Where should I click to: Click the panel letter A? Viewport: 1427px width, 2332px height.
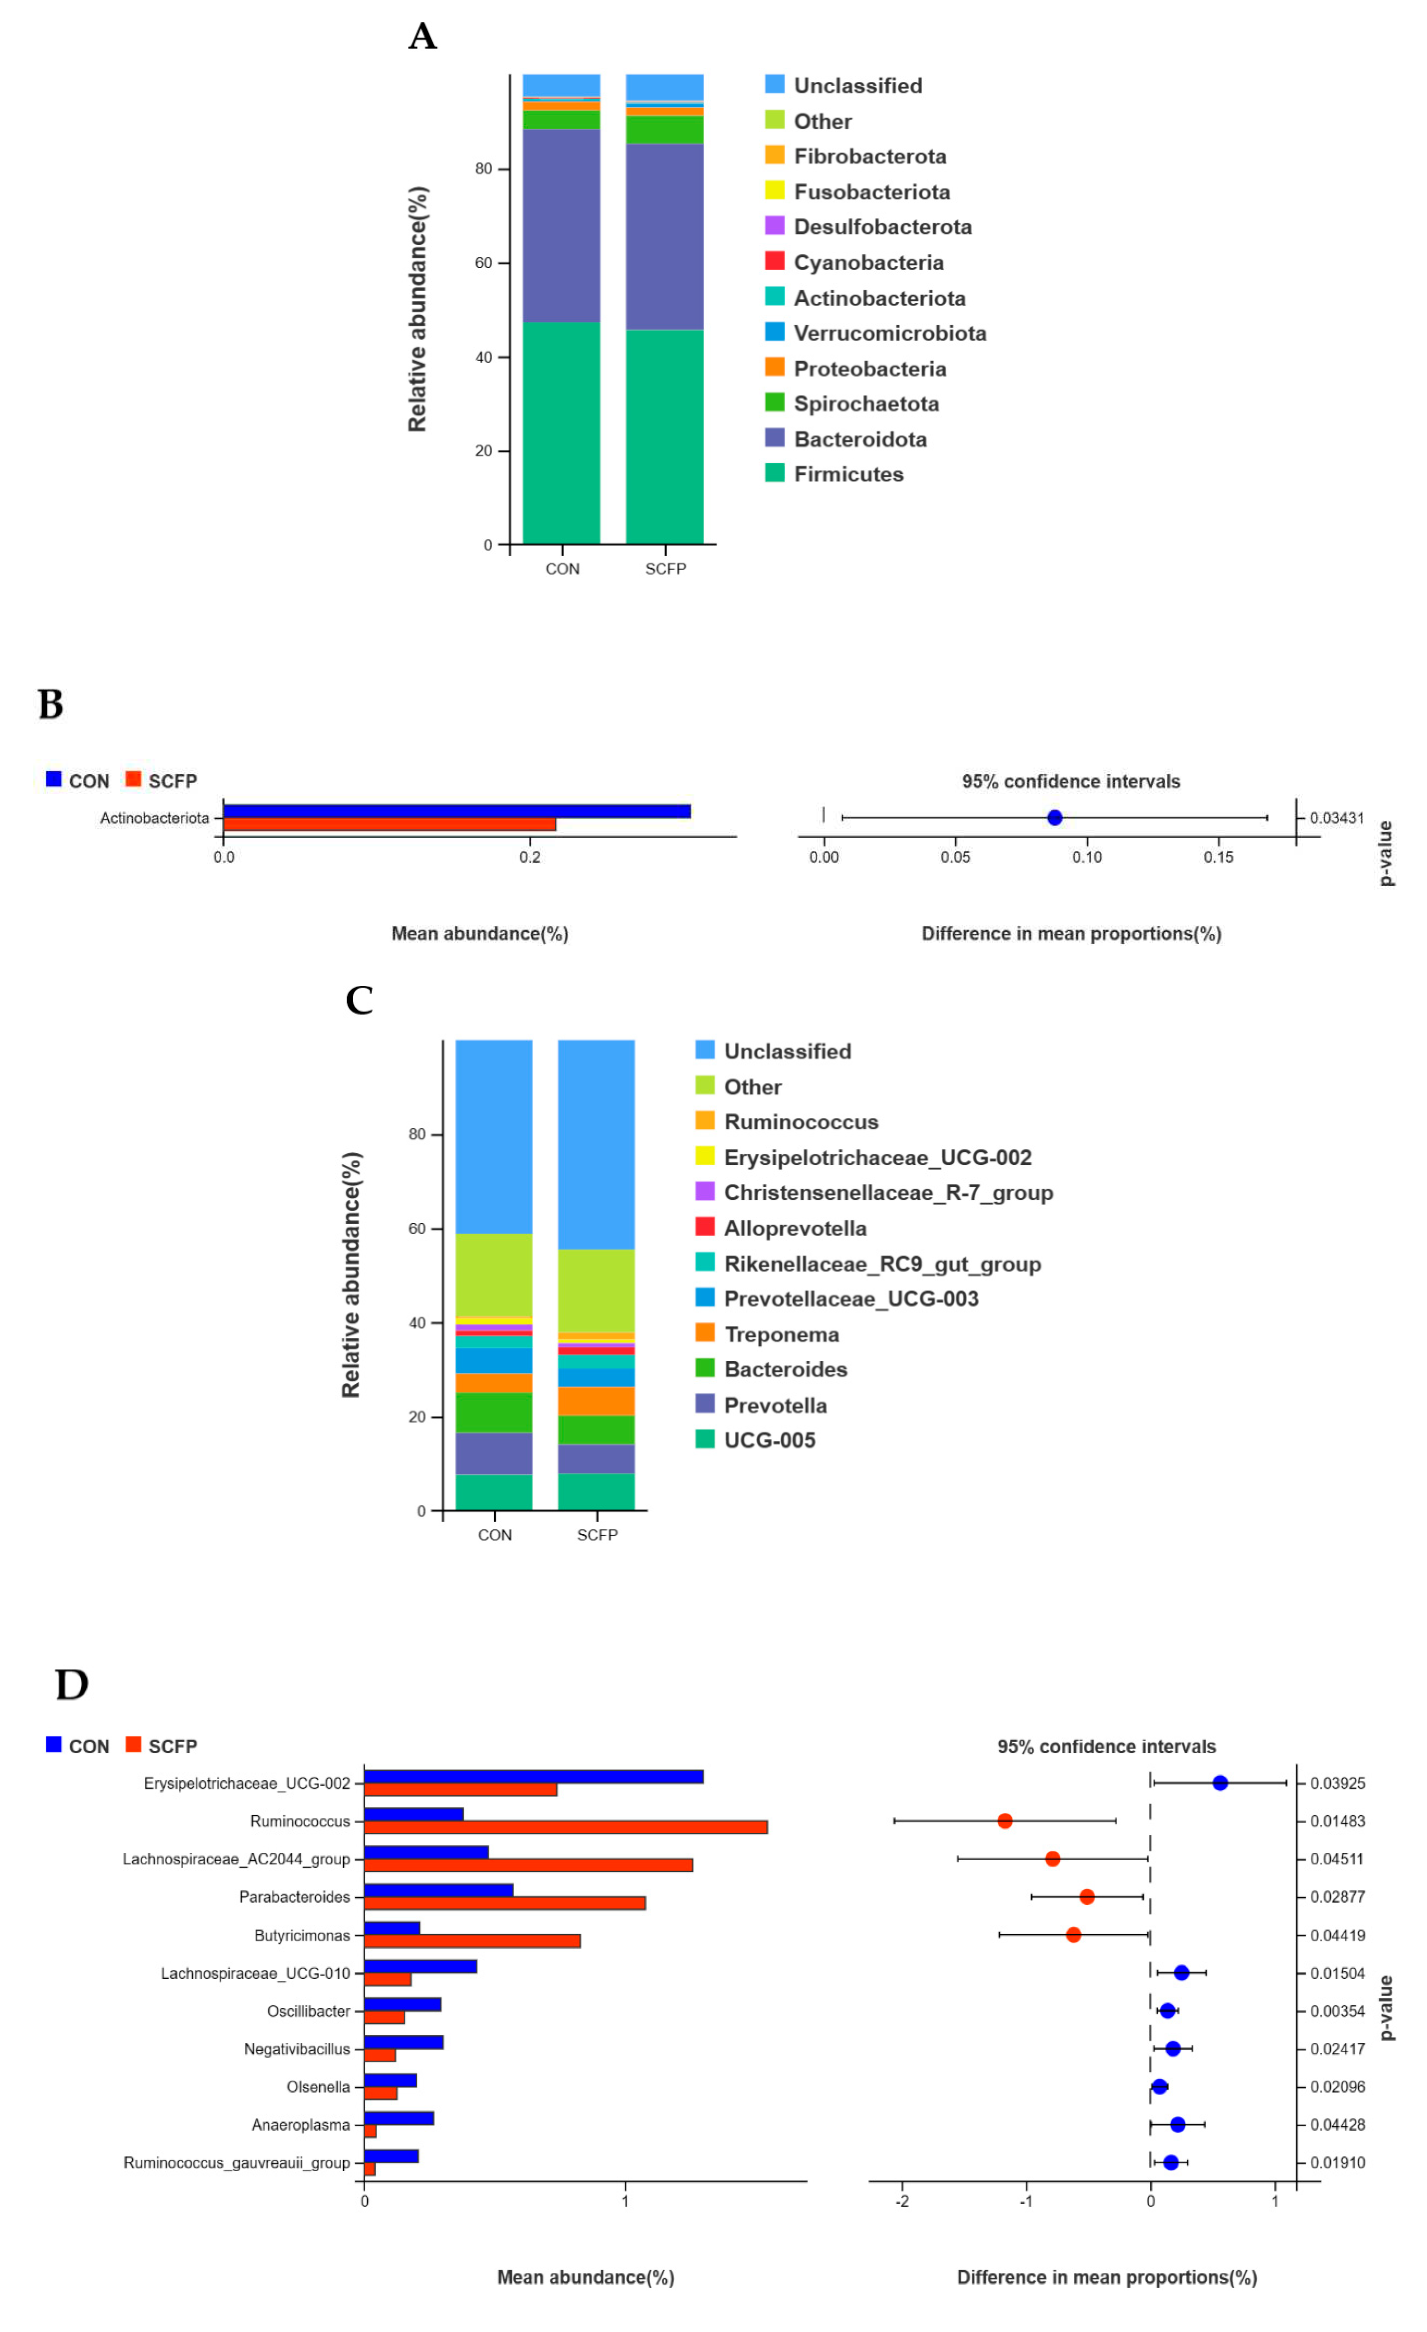point(422,37)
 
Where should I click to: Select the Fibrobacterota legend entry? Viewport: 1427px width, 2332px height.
point(868,156)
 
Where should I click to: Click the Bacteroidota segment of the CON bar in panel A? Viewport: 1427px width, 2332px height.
point(561,225)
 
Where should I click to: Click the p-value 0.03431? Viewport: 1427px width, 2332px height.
point(1336,818)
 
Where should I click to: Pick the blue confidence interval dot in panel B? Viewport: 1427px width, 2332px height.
point(1054,818)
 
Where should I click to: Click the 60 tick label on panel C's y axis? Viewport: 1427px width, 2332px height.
point(416,1229)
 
